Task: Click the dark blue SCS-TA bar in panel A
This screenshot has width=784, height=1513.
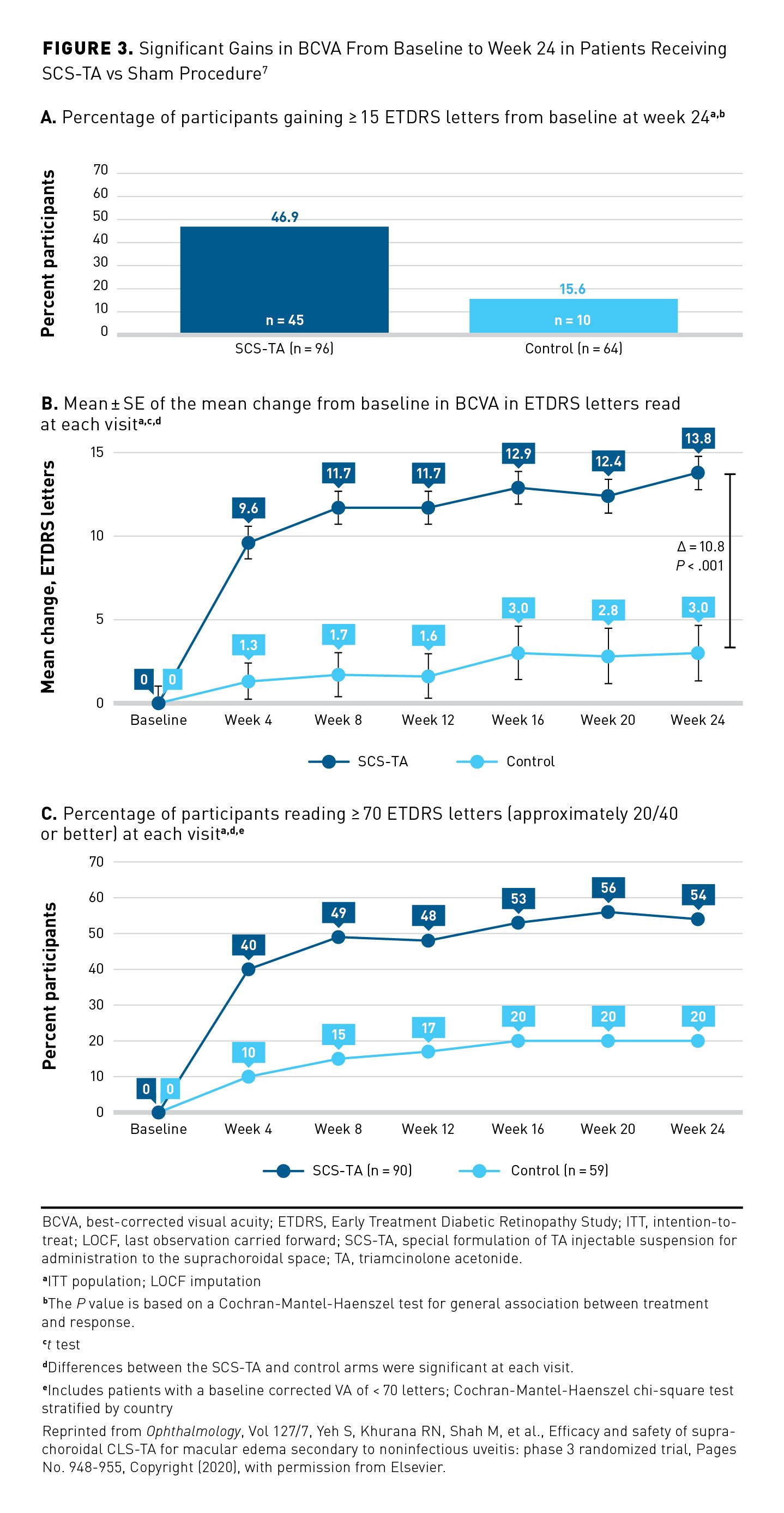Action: [284, 279]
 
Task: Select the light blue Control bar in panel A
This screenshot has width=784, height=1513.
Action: [573, 315]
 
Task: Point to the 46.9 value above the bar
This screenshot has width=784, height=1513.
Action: [285, 217]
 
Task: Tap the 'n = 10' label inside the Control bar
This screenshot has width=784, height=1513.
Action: [572, 320]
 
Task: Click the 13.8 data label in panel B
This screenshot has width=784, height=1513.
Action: [698, 438]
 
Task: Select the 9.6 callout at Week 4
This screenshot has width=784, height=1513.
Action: [249, 508]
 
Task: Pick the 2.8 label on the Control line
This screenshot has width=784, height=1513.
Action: [608, 610]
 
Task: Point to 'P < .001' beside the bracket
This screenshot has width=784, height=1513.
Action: [699, 566]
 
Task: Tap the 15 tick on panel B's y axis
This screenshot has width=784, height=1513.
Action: [97, 452]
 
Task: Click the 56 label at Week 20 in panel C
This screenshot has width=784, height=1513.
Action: [608, 888]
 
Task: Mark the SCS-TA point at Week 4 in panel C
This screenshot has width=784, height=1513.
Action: [249, 969]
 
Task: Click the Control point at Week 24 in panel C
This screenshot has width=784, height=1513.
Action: [698, 1041]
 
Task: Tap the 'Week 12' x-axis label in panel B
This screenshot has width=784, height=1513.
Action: [427, 720]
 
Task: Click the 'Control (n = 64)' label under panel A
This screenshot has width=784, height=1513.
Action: [573, 349]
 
